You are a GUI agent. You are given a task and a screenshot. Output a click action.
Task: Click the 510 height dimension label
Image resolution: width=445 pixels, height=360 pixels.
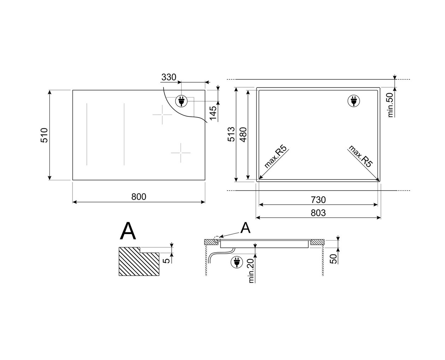pyautogui.click(x=44, y=135)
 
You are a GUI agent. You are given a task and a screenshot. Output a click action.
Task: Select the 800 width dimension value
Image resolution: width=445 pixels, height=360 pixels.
pyautogui.click(x=139, y=197)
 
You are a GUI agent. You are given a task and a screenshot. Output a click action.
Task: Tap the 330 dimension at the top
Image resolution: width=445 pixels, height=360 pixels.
pyautogui.click(x=169, y=77)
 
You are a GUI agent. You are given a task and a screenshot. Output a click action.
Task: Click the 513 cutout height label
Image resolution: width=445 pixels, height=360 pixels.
pyautogui.click(x=231, y=134)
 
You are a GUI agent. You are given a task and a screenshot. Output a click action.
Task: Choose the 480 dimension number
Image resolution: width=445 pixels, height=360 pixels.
pyautogui.click(x=243, y=135)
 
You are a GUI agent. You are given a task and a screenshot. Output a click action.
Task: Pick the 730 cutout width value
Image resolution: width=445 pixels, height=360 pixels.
pyautogui.click(x=318, y=200)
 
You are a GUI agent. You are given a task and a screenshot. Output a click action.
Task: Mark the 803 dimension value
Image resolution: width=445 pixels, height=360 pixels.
pyautogui.click(x=318, y=213)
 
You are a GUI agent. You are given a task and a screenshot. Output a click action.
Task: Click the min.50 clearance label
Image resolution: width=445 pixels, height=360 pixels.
pyautogui.click(x=391, y=105)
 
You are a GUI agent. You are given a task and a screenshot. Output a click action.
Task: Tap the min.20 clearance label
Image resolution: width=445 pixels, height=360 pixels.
pyautogui.click(x=251, y=271)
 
